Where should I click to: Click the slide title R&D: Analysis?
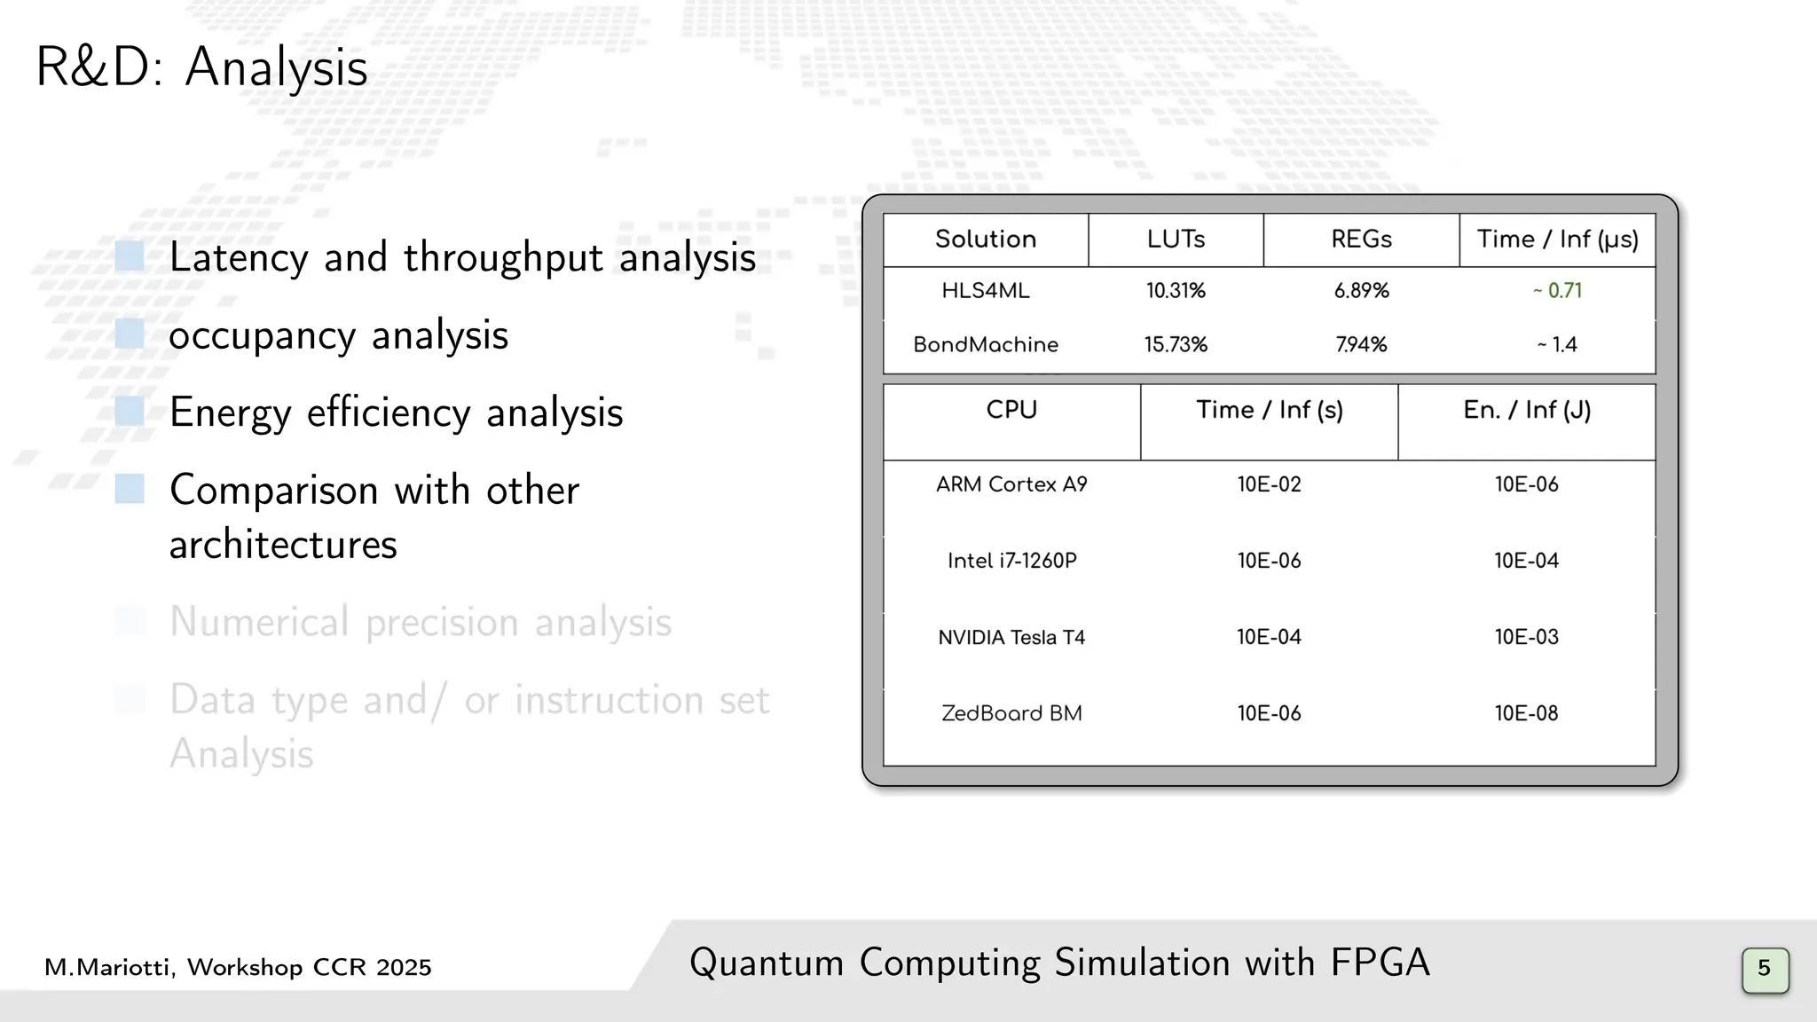pos(201,67)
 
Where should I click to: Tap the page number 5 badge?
pos(1764,968)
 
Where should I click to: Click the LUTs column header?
pos(1176,240)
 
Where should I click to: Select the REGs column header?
pos(1361,240)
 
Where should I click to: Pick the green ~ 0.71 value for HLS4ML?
pos(1557,291)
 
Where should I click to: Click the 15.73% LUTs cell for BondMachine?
pos(1176,345)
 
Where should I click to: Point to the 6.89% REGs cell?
pos(1361,291)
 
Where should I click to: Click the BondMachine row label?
pos(986,345)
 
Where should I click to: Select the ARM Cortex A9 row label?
pos(1011,484)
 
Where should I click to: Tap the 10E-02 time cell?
pos(1269,484)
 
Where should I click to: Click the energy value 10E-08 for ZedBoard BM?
pos(1526,713)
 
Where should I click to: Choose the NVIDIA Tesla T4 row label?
pos(1011,638)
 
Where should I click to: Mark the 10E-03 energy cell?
pos(1526,637)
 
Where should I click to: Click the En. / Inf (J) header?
pos(1526,411)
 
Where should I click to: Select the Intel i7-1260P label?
pos(1011,561)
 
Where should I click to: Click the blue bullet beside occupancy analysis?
pos(130,334)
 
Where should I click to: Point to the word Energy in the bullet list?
pos(230,413)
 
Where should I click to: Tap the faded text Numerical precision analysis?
pos(421,622)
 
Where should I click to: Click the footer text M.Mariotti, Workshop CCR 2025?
pos(238,967)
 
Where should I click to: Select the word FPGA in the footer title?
pos(1380,963)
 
